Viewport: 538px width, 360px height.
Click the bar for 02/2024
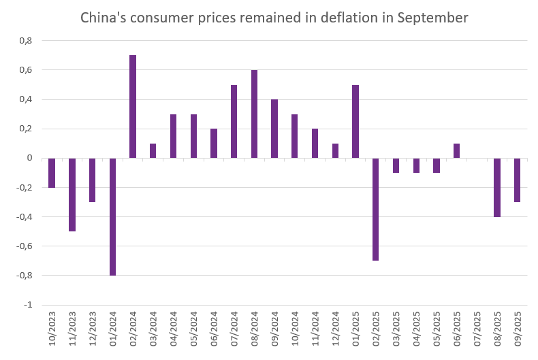(133, 107)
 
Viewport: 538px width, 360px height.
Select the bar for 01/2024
(112, 216)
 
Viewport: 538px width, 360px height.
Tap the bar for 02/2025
(376, 209)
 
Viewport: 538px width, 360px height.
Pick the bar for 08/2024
(254, 114)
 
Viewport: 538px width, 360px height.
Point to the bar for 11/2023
(72, 195)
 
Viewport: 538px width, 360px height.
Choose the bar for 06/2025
(456, 151)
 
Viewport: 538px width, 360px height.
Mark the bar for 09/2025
(518, 180)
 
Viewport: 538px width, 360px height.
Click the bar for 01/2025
(355, 122)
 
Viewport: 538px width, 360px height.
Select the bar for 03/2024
(153, 151)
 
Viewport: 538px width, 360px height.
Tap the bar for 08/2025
(497, 187)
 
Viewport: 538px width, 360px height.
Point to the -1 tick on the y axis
(28, 305)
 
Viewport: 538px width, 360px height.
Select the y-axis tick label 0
(29, 158)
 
